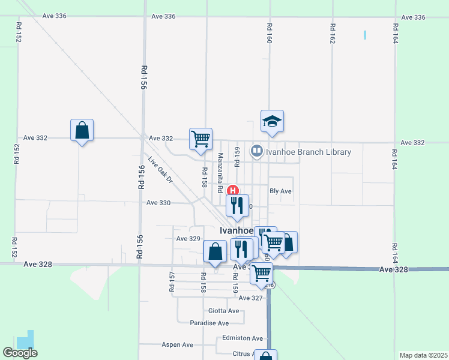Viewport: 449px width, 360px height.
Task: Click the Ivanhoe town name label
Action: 236,230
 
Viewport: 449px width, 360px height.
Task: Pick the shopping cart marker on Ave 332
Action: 200,139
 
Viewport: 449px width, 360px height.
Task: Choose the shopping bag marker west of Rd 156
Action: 82,130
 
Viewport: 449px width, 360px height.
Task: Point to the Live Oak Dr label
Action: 160,170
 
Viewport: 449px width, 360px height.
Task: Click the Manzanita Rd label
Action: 220,172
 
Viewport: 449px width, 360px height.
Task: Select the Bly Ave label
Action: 280,191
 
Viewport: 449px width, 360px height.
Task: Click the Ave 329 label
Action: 187,239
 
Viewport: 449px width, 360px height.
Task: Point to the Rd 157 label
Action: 172,280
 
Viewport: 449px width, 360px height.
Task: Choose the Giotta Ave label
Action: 223,311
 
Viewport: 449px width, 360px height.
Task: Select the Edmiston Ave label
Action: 243,338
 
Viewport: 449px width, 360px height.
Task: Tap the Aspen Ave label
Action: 178,345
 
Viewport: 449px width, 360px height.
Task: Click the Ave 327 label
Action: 251,298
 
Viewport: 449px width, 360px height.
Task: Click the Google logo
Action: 20,353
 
